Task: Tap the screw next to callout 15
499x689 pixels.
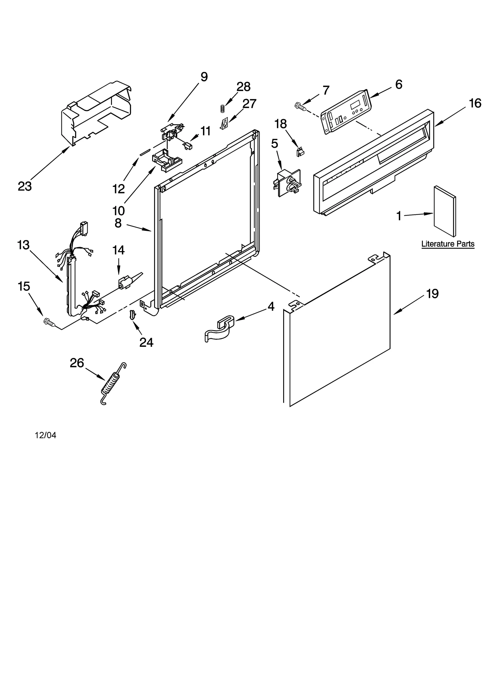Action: pos(49,322)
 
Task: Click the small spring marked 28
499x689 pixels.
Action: pos(222,109)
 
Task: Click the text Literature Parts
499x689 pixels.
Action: pos(448,244)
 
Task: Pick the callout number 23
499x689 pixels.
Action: pos(25,187)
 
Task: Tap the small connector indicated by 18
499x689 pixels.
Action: pos(300,152)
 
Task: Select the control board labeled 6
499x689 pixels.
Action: pos(346,111)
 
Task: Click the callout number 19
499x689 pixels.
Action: pos(432,294)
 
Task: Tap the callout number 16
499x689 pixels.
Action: pos(475,103)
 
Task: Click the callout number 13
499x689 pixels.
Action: pos(23,245)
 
